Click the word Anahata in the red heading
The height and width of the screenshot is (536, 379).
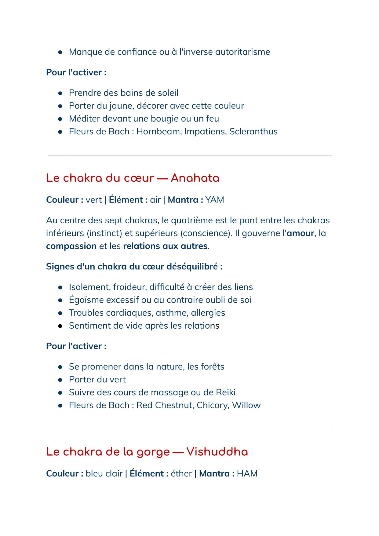195,178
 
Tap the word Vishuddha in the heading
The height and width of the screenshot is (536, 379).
217,452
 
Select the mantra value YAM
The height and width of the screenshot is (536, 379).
214,200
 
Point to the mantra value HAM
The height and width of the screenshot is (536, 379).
247,473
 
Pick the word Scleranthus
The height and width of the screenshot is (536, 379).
253,131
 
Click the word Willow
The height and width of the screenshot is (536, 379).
246,405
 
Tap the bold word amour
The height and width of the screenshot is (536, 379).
300,233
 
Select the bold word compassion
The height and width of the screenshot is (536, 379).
71,246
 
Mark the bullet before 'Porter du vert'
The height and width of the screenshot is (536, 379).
60,380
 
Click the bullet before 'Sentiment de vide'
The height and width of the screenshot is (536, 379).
60,326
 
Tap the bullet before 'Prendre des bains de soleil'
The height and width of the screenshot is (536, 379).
60,93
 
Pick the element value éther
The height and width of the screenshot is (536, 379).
181,473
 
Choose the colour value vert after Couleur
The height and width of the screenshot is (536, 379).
93,200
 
